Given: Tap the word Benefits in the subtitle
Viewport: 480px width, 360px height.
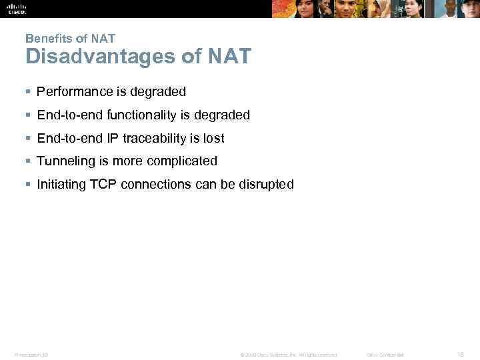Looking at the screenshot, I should [x=45, y=39].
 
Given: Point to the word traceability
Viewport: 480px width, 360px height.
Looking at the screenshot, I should [x=155, y=138].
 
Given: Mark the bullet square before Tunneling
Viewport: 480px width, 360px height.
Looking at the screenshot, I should [x=28, y=161].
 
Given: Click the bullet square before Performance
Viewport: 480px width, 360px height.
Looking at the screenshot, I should [x=28, y=91].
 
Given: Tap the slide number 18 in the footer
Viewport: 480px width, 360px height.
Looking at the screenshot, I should [x=460, y=354].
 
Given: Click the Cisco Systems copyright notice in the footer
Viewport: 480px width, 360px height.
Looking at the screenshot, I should [x=289, y=355].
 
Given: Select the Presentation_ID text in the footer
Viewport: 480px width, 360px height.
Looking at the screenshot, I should [x=31, y=355].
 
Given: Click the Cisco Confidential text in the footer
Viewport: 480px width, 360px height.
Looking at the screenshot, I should [x=385, y=355].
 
